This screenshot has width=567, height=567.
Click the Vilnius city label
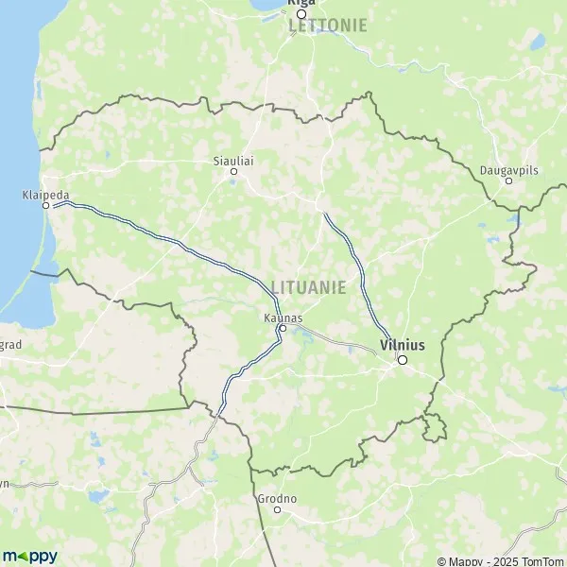[x=402, y=345]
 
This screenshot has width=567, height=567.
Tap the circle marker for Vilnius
[x=403, y=360]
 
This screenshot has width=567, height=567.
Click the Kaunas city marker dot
[x=283, y=329]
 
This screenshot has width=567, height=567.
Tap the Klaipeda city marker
[x=44, y=204]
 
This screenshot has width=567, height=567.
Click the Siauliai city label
[x=234, y=161]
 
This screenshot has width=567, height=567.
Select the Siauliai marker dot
[x=234, y=171]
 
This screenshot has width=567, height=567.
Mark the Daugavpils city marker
[x=508, y=180]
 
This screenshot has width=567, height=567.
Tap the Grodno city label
[x=277, y=498]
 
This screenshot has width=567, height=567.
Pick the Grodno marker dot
[x=277, y=508]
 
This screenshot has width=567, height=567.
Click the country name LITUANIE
[x=308, y=285]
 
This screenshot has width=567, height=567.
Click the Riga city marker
[x=301, y=14]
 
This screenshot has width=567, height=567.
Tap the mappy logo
[x=30, y=555]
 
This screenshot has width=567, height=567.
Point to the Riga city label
[x=301, y=3]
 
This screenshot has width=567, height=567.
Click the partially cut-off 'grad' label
[x=9, y=345]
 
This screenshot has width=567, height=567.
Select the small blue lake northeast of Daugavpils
[x=537, y=42]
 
